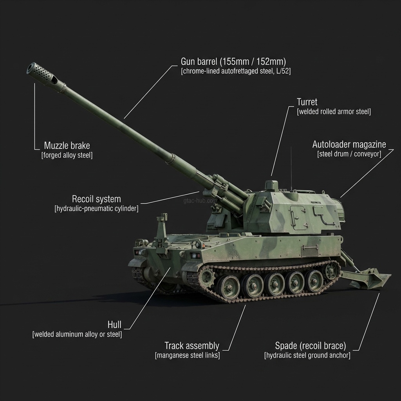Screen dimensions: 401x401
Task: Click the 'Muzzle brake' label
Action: coord(67,146)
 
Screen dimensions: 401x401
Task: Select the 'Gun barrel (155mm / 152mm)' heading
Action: coord(233,61)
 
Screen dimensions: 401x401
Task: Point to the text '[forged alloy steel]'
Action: coord(67,155)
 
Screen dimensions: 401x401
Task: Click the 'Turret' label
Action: coord(307,102)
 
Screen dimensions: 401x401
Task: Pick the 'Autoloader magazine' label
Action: coord(349,145)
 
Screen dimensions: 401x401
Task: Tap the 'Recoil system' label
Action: coord(96,199)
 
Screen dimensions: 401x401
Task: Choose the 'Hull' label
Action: coord(114,325)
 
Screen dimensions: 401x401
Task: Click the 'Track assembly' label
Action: coord(191,346)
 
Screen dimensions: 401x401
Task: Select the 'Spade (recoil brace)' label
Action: coord(311,346)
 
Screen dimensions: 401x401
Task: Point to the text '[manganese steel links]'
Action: coord(187,356)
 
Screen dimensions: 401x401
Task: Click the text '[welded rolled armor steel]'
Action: coord(334,112)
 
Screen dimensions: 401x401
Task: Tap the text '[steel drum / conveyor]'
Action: coord(349,154)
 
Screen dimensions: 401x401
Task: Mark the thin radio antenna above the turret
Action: coord(291,164)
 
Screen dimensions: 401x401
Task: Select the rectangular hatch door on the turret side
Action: coord(300,217)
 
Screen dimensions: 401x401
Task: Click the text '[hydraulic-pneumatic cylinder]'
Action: coord(96,209)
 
